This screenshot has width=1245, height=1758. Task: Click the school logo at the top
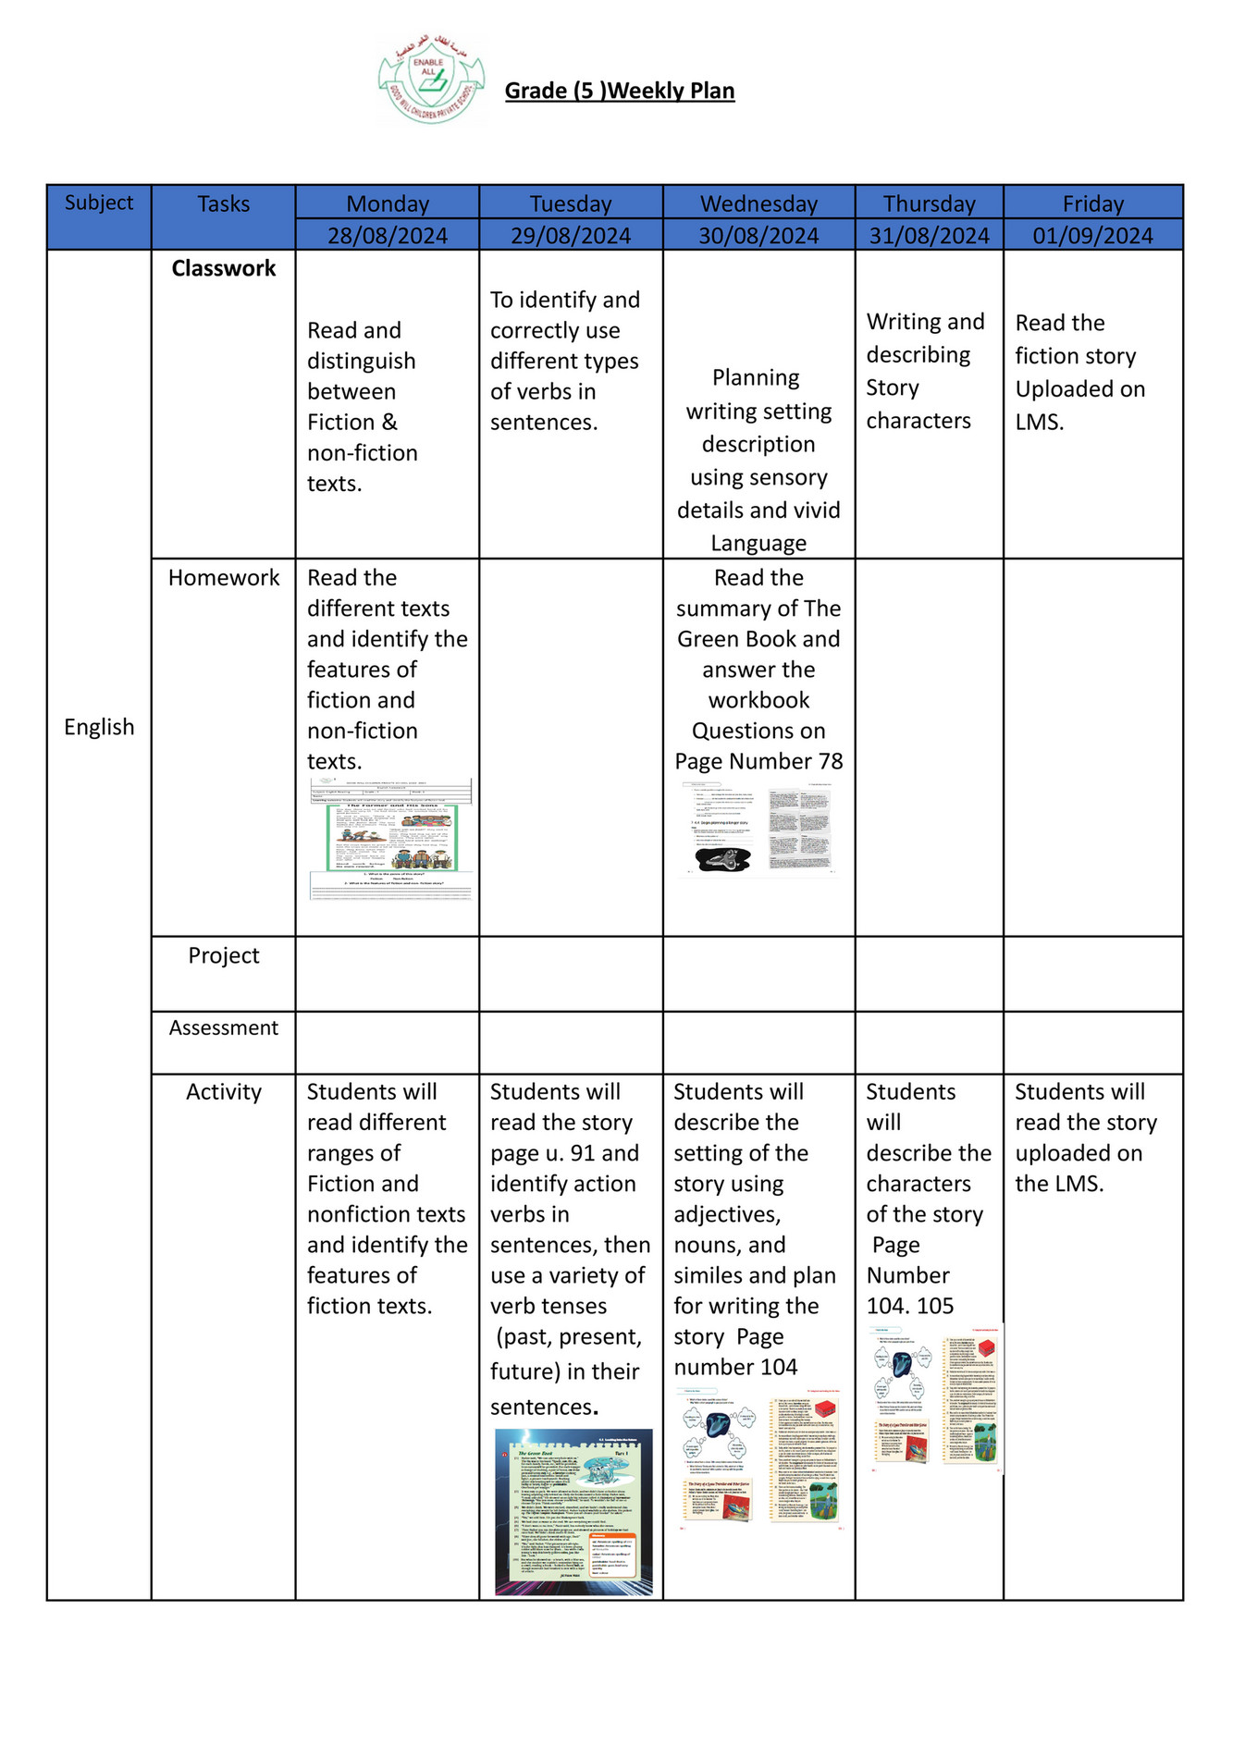click(431, 81)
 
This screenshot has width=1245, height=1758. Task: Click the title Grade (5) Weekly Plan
click(619, 91)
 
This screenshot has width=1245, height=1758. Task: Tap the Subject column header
click(99, 203)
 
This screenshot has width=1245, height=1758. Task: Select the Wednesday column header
click(758, 203)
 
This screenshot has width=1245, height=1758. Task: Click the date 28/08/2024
click(388, 236)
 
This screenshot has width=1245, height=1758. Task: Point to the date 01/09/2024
click(1092, 236)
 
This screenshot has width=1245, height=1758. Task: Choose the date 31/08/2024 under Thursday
click(929, 236)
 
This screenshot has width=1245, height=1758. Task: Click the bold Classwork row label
click(223, 268)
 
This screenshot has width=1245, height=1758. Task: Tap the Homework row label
click(223, 578)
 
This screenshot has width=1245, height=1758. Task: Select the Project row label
click(223, 955)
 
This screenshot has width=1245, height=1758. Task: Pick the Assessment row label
click(223, 1027)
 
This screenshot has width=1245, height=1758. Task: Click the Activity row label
click(223, 1091)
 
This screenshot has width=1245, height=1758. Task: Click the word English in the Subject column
click(99, 727)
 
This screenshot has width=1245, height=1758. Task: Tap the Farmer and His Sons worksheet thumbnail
click(391, 839)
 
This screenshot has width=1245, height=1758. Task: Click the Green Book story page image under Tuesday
click(573, 1511)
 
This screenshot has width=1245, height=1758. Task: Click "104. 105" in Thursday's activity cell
click(909, 1306)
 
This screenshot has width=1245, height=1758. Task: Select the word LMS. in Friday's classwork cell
click(1039, 422)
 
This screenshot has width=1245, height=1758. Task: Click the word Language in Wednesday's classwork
click(758, 543)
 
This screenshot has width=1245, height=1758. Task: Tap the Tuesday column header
click(571, 203)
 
